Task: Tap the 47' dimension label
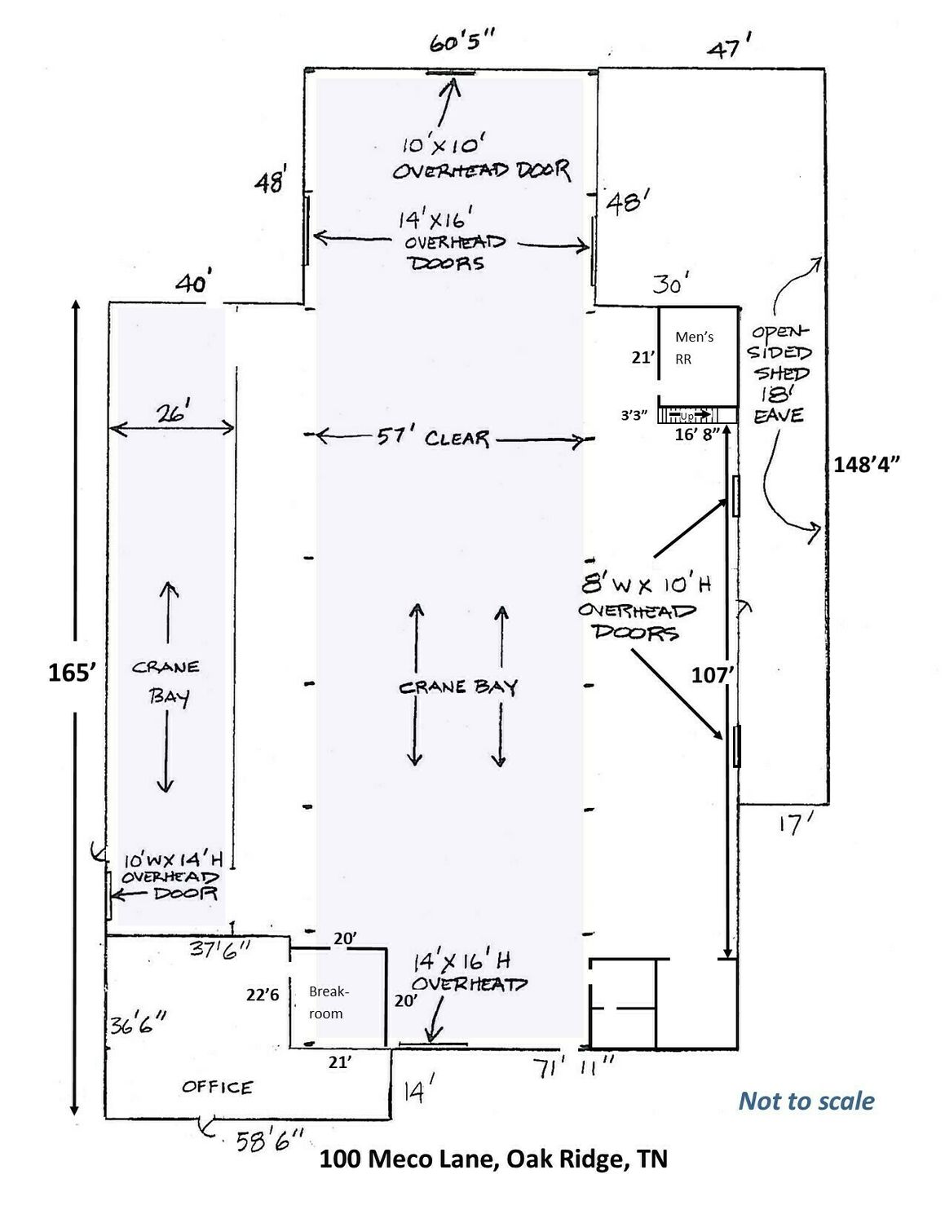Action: pos(730,46)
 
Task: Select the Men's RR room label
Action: pos(694,348)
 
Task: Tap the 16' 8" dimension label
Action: pos(698,435)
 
